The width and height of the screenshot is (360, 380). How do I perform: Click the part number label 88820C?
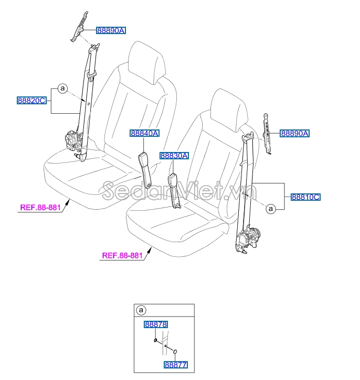[x=32, y=100]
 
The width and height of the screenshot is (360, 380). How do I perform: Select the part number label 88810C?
[x=306, y=197]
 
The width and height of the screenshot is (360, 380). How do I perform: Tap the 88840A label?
[x=144, y=134]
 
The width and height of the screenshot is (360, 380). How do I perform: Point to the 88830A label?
[x=174, y=156]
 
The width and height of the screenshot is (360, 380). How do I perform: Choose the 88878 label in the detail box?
[x=156, y=325]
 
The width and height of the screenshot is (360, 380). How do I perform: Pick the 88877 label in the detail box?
[x=175, y=364]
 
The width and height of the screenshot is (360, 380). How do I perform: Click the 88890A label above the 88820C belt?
[x=111, y=31]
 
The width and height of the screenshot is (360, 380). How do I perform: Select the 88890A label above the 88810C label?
[x=294, y=134]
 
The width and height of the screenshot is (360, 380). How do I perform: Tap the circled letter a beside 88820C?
[x=62, y=89]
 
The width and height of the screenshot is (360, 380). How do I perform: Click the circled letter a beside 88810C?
[x=271, y=209]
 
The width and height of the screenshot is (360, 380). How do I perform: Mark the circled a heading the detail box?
[x=142, y=310]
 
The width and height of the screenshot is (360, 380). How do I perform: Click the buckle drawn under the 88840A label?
[x=146, y=168]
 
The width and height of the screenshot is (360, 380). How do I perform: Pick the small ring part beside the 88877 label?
[x=175, y=352]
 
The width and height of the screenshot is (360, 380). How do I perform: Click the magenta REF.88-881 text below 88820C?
[x=40, y=208]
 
